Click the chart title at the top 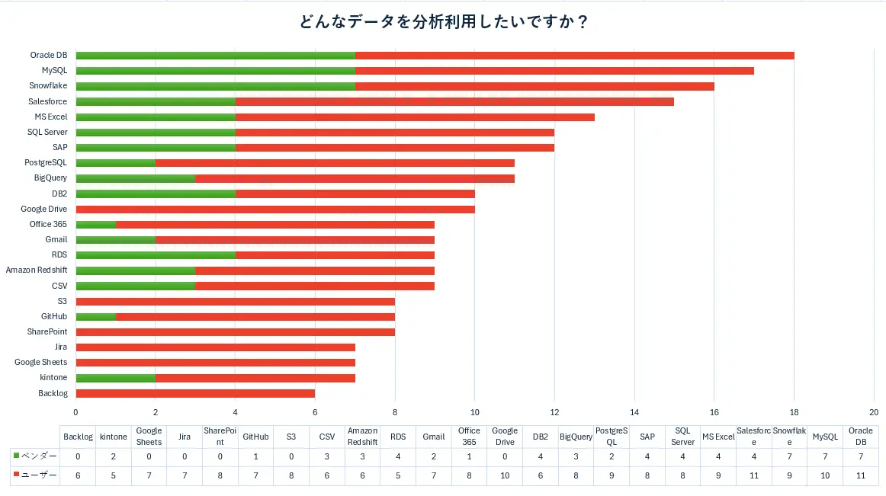pos(444,22)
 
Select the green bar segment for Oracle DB pos(216,56)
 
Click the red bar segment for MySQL pos(554,71)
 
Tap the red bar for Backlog pos(195,393)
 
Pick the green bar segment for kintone pos(116,378)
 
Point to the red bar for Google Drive pos(275,210)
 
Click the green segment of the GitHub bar pos(96,317)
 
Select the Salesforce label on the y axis pos(47,101)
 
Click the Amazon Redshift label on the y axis pos(36,270)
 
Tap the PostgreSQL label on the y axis pos(45,163)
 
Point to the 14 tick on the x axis pos(634,412)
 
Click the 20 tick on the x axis pos(874,412)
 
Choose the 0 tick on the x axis pos(75,412)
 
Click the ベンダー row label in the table pos(35,456)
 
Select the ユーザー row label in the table pos(35,475)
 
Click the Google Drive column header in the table pos(505,436)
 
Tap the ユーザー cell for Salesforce pos(754,475)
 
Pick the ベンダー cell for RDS pos(398,456)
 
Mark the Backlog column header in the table pos(78,437)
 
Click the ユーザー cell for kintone pos(113,475)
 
